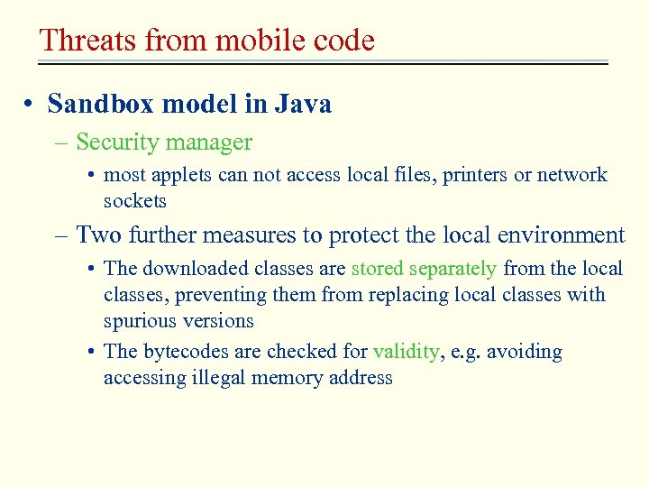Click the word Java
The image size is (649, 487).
click(302, 105)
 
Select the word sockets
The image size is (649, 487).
click(135, 200)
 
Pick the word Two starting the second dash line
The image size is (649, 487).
click(98, 235)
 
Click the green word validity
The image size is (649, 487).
click(407, 352)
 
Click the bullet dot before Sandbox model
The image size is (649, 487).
click(31, 106)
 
